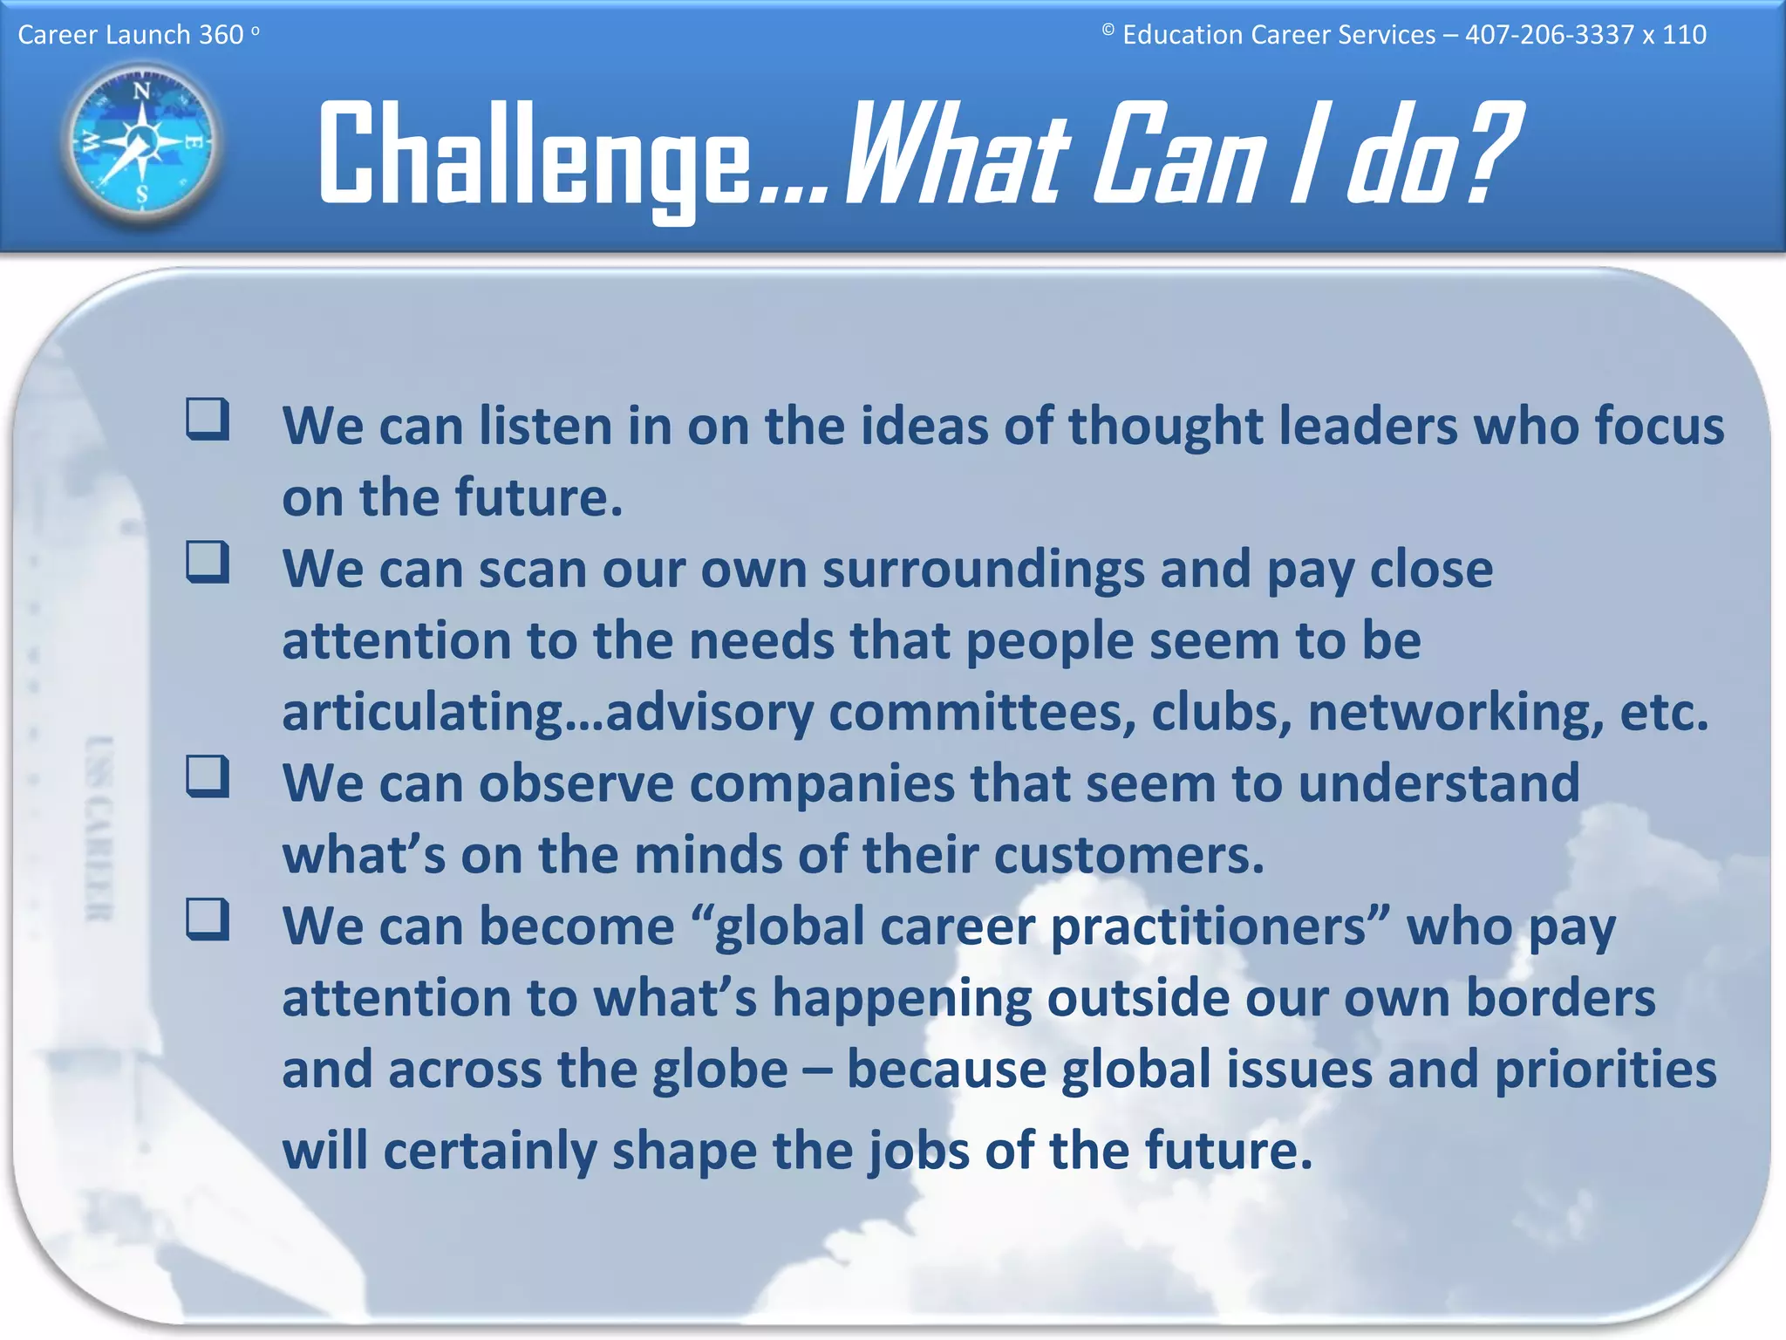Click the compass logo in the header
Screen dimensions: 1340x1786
[141, 143]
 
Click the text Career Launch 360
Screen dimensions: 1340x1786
[131, 35]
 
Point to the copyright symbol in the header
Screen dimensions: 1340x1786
[1108, 31]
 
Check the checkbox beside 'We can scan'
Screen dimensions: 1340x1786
[208, 562]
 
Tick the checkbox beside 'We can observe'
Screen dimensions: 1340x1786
[208, 776]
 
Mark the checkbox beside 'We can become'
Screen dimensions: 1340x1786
[208, 920]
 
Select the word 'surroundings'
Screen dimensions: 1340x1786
[983, 571]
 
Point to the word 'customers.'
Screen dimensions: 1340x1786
[1128, 856]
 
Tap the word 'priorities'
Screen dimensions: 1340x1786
[1605, 1070]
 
